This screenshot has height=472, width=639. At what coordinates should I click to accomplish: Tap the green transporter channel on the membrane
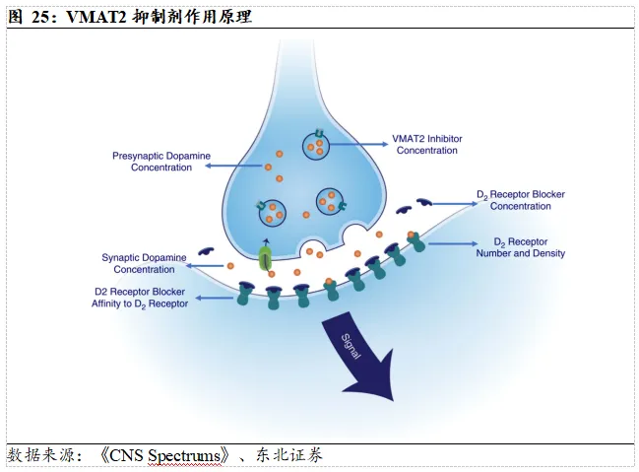point(265,258)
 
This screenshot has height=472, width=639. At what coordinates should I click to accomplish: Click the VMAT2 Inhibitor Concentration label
point(427,145)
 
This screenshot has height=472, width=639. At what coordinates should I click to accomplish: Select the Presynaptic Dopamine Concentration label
point(161,162)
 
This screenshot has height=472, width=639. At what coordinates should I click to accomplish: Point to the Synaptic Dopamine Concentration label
point(144,263)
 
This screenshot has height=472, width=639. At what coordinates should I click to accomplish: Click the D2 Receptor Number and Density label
point(521,247)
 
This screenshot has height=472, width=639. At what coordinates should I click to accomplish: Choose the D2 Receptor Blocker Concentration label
point(521,200)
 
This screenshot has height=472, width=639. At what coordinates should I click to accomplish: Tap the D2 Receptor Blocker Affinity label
point(140,298)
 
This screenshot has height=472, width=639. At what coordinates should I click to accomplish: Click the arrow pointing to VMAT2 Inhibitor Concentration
point(358,144)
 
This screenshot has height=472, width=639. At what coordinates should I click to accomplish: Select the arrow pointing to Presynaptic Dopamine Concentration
point(233,166)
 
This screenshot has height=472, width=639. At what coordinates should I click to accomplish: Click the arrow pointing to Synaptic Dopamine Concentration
point(205,266)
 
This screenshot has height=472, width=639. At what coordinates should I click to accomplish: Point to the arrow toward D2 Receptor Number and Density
point(452,244)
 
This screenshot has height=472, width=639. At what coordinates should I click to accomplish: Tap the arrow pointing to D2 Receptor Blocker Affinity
point(215,298)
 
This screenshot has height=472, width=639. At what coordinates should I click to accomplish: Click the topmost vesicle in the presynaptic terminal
point(316,145)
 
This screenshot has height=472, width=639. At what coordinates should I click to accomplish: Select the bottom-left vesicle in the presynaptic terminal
point(272,213)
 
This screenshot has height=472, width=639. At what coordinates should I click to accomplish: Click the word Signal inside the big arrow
point(351,346)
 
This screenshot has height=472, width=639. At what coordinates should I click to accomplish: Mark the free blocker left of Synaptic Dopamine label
point(206,251)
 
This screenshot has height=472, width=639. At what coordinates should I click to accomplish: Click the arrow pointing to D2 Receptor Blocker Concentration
point(455,204)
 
